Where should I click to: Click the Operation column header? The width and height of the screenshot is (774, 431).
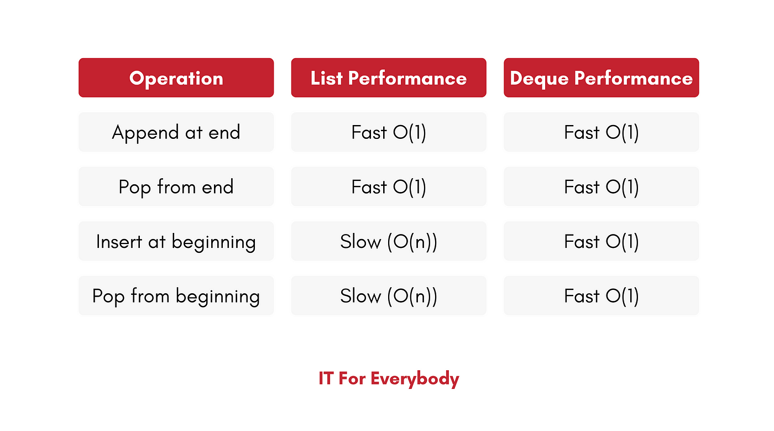pos(176,78)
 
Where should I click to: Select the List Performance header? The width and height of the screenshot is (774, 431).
pos(389,78)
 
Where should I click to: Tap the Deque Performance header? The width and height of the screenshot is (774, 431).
pos(602,78)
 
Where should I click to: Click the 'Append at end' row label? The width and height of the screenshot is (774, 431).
pos(176,132)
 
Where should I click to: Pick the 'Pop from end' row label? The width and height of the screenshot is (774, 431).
pos(176,187)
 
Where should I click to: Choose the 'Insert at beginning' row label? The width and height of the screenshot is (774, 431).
pos(176,241)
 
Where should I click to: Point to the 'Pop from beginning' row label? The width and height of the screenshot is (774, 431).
pos(176,296)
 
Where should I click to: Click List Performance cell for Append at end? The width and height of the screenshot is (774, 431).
pos(389,132)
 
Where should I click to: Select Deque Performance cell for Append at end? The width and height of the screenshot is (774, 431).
pos(602,132)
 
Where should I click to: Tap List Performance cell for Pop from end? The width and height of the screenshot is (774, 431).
pos(389,187)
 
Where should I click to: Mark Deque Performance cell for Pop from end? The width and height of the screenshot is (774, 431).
pos(602,187)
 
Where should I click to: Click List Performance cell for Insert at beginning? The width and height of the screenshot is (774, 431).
pos(389,241)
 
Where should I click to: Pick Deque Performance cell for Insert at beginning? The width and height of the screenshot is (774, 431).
pos(602,241)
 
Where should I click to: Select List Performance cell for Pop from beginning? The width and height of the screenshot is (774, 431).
pos(389,296)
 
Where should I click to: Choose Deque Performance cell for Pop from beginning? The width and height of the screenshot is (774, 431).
pos(602,296)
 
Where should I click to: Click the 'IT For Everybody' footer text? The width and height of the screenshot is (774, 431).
pos(389,379)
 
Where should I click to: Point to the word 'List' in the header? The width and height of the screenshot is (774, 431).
pos(327,78)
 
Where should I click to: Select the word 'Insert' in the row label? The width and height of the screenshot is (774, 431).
pos(119,241)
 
